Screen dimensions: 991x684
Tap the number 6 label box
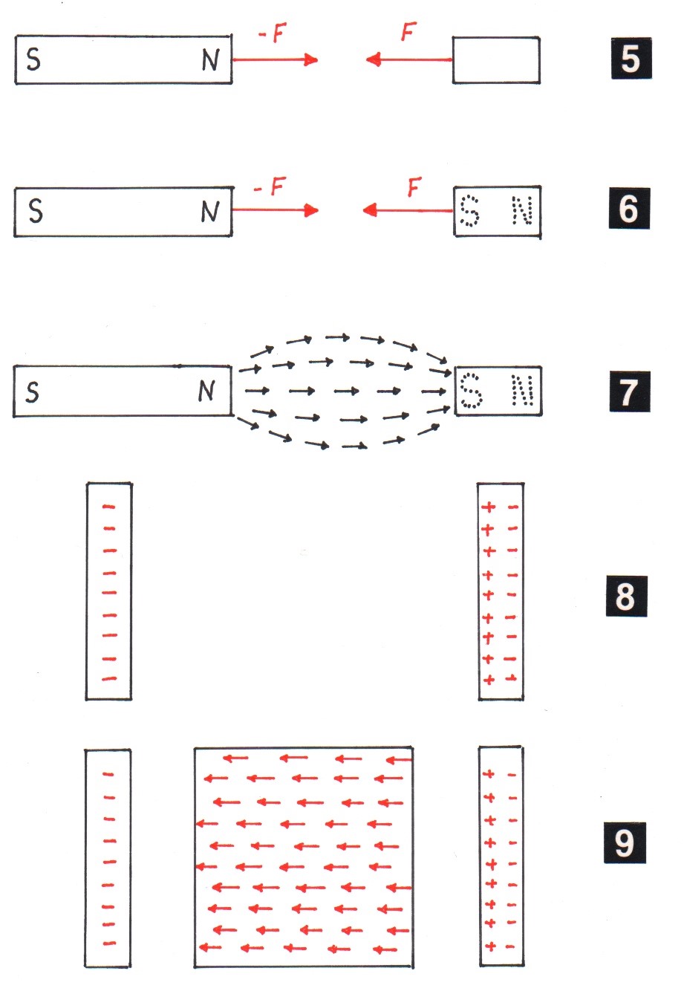coord(628,209)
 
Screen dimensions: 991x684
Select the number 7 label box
coord(629,392)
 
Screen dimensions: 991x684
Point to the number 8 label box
coord(626,596)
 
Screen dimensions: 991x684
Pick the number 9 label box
coord(625,842)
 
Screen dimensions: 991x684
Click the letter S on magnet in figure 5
coord(33,59)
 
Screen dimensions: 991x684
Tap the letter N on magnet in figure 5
coord(211,60)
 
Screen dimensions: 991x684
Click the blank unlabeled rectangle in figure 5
coord(496,60)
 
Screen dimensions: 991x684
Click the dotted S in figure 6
coord(470,211)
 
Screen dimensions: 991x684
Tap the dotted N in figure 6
coord(522,211)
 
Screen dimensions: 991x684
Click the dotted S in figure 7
coord(471,391)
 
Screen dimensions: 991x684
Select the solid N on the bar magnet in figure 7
coord(206,391)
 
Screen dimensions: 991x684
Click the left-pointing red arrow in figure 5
coord(409,59)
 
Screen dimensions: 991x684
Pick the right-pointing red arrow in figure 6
coord(275,210)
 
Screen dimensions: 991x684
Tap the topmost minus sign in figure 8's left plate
coord(109,507)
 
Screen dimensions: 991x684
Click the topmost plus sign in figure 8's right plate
coord(489,507)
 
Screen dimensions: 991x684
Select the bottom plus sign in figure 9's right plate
coord(489,946)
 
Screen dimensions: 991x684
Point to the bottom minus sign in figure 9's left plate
coord(109,943)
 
